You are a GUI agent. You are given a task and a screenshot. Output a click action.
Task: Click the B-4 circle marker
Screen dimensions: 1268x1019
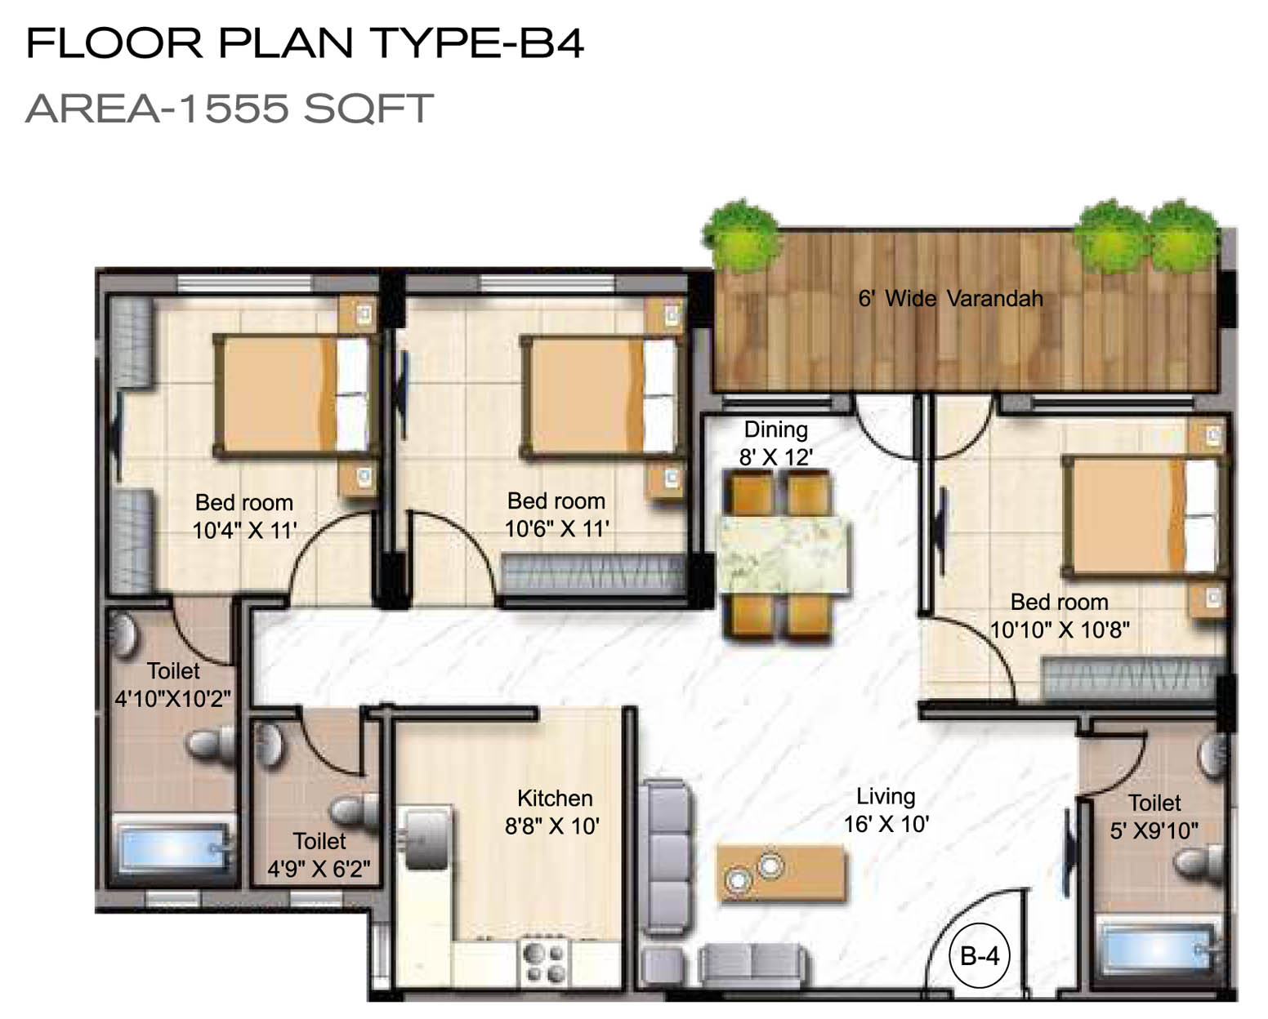point(980,955)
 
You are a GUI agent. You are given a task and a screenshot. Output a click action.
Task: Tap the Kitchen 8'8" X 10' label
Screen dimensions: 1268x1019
point(552,812)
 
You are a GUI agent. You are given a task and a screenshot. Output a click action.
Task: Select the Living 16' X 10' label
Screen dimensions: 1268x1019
point(886,810)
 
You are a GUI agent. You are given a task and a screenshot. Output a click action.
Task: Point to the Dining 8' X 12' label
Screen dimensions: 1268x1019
point(776,443)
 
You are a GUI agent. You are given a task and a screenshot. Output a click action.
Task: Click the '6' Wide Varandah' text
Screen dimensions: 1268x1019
point(950,299)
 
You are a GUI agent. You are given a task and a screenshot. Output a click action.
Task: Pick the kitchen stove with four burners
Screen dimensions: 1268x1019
point(543,963)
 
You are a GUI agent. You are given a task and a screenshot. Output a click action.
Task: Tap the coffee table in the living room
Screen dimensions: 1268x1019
point(782,873)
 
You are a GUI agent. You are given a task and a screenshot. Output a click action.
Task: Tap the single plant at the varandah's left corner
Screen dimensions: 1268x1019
point(740,237)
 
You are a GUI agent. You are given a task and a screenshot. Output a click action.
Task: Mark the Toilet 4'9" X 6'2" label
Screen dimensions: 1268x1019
point(319,855)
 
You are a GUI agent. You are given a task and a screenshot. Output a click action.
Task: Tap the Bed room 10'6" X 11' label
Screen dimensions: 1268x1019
point(556,514)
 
